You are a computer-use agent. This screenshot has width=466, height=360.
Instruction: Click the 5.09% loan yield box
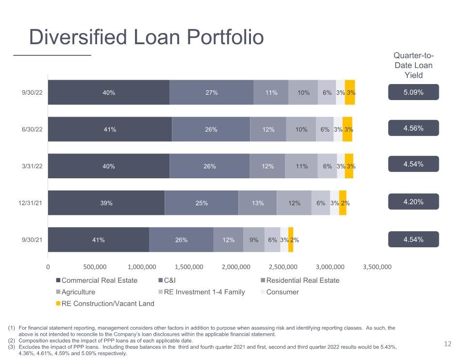(414, 92)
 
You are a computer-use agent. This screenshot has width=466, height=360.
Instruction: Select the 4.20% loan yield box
(414, 202)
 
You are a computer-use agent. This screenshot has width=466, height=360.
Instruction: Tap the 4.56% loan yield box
(414, 128)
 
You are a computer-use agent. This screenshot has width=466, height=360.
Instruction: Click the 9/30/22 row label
(32, 92)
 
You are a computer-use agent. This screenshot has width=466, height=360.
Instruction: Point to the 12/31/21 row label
(30, 203)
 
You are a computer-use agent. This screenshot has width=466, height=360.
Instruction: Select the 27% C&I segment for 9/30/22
(211, 92)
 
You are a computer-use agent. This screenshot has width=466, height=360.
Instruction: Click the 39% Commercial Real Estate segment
(106, 203)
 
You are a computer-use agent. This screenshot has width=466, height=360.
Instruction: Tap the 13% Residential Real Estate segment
(257, 203)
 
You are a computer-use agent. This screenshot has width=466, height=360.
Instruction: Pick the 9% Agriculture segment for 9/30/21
(254, 240)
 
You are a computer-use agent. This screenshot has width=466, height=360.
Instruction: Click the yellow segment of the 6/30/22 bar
(347, 129)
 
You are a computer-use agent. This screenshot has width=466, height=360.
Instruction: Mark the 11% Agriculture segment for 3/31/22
(301, 166)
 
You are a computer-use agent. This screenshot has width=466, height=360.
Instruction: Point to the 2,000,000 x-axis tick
(236, 267)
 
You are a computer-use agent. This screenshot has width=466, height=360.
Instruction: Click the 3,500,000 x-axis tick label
(377, 267)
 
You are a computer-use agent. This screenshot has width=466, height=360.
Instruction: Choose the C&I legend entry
(167, 280)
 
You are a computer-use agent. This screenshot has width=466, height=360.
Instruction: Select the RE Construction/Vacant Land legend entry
(105, 304)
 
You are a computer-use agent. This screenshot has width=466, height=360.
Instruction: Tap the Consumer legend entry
(280, 292)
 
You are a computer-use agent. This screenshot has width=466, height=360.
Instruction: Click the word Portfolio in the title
(225, 37)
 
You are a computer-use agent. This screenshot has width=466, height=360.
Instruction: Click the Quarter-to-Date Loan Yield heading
(414, 65)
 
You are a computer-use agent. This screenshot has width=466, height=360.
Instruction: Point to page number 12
(448, 344)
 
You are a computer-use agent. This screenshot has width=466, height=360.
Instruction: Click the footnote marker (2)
(11, 341)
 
